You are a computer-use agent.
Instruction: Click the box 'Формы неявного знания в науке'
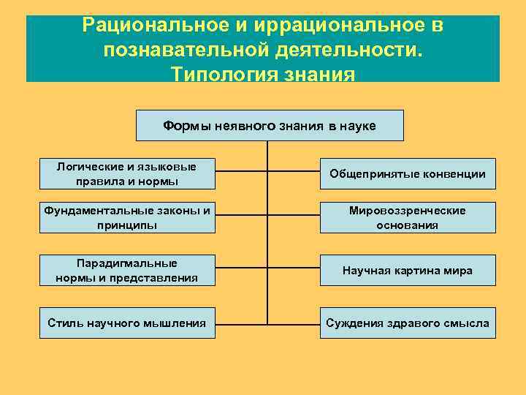pyautogui.click(x=270, y=125)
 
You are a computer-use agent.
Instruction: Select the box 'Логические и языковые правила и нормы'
pyautogui.click(x=127, y=174)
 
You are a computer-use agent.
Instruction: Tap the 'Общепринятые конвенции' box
pyautogui.click(x=408, y=174)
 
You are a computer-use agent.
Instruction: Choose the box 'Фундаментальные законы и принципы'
pyautogui.click(x=127, y=217)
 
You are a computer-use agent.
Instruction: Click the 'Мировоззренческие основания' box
pyautogui.click(x=408, y=217)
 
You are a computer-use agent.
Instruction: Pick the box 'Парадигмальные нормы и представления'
pyautogui.click(x=127, y=270)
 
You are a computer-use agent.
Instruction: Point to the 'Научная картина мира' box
pyautogui.click(x=408, y=270)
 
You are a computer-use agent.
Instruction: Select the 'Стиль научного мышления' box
pyautogui.click(x=127, y=323)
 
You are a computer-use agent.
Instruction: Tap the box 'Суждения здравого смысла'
pyautogui.click(x=408, y=323)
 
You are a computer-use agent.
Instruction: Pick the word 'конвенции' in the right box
pyautogui.click(x=457, y=174)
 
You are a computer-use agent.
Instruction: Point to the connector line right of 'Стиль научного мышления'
pyautogui.click(x=241, y=323)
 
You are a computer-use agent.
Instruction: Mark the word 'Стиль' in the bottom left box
pyautogui.click(x=63, y=323)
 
